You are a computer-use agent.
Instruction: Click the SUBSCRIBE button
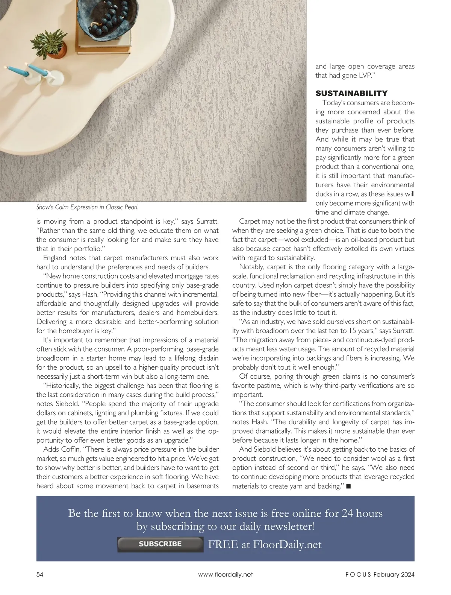[x=160, y=544]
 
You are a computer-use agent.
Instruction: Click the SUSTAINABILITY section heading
[x=351, y=93]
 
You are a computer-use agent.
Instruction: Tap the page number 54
[x=40, y=574]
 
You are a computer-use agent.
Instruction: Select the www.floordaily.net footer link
[x=225, y=574]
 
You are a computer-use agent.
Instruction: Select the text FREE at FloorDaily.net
[x=265, y=544]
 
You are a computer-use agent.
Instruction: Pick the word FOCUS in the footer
[x=357, y=574]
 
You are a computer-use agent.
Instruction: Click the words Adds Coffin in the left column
[x=62, y=449]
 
